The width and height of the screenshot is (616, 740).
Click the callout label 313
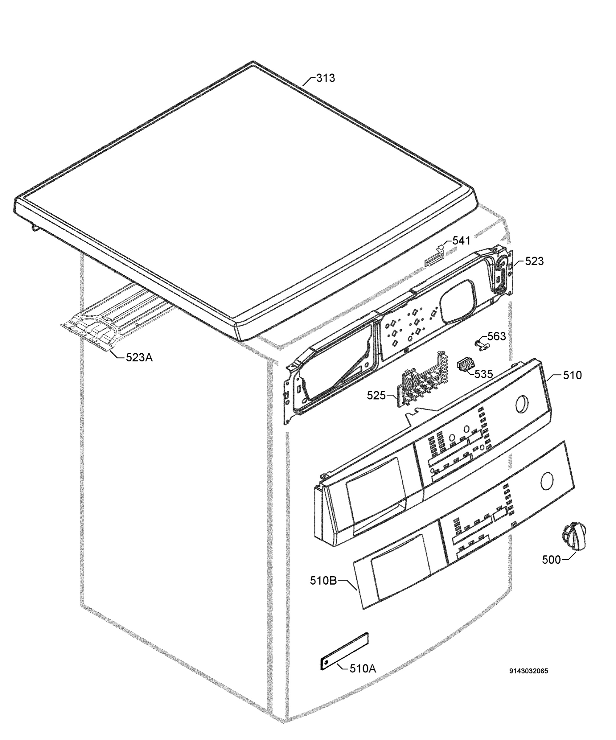(x=325, y=78)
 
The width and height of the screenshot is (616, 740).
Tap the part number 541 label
(x=461, y=241)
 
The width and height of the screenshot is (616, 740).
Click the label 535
(x=483, y=374)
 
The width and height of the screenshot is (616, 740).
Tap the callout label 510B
(x=323, y=580)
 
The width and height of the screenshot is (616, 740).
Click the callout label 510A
(x=363, y=668)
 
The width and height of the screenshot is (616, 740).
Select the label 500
(x=551, y=560)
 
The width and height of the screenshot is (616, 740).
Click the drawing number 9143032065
(x=529, y=671)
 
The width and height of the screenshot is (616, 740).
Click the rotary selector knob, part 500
(x=574, y=538)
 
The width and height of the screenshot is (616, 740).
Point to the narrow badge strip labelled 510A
(x=344, y=651)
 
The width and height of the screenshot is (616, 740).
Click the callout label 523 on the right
(x=534, y=261)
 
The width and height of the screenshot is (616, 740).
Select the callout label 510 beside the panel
(x=572, y=375)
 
